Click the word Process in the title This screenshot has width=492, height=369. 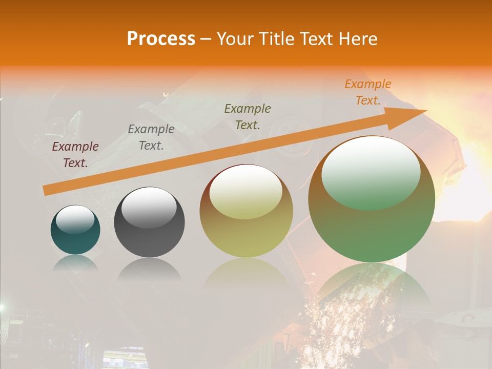[161, 39]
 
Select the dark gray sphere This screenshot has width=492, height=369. [149, 238]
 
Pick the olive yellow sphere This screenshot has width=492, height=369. [246, 236]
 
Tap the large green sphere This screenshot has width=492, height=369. [372, 231]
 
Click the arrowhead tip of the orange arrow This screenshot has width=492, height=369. [425, 111]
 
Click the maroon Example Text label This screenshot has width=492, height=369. [75, 154]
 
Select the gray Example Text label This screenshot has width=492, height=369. [151, 137]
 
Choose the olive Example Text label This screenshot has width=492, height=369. [248, 116]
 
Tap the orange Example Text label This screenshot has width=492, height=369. [368, 92]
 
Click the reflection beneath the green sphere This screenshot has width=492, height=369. [372, 287]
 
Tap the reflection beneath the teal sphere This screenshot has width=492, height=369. [75, 263]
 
